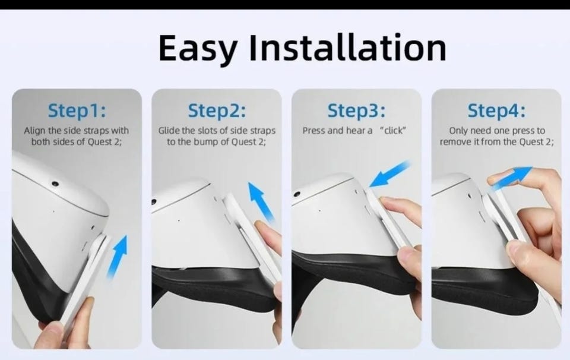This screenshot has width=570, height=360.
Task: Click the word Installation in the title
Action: click(x=348, y=48)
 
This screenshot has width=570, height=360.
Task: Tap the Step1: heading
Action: click(x=77, y=110)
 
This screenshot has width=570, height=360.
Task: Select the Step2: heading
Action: click(x=217, y=110)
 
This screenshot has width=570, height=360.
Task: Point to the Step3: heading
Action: click(x=356, y=110)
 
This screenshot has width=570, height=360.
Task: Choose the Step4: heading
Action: click(x=496, y=110)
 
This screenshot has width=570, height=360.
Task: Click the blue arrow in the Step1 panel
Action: click(x=118, y=257)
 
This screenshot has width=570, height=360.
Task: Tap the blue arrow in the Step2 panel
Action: click(x=261, y=202)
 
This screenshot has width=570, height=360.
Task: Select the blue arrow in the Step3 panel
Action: click(x=389, y=175)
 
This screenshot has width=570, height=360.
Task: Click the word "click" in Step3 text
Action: click(x=392, y=130)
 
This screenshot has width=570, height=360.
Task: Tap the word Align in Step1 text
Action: click(x=35, y=131)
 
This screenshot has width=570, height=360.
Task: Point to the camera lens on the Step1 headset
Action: click(x=55, y=184)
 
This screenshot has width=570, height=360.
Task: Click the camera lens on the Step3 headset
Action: click(x=297, y=194)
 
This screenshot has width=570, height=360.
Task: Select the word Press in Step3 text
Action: click(x=314, y=130)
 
